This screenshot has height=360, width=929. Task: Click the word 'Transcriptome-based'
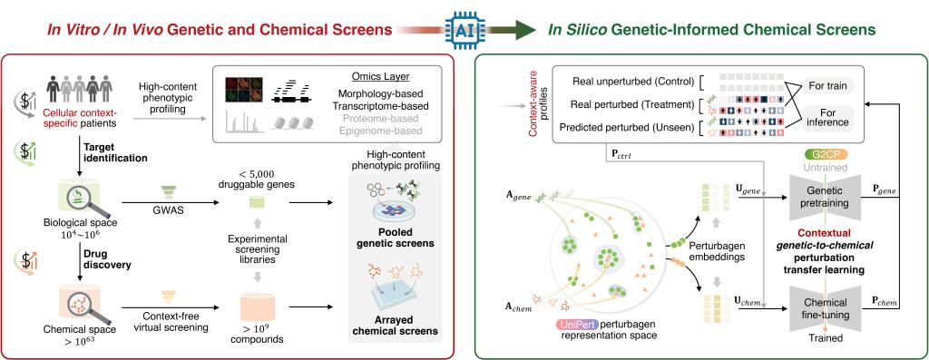pyautogui.click(x=381, y=106)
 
